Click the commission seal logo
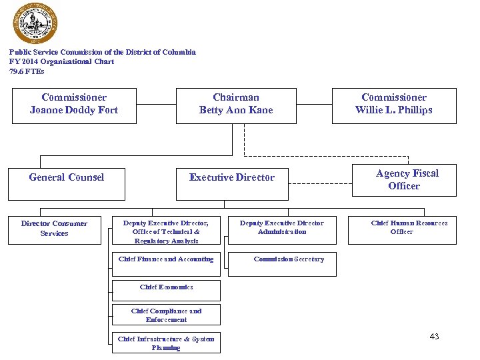(x=35, y=23)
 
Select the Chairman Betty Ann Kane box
(x=236, y=105)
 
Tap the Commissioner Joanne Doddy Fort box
(x=74, y=105)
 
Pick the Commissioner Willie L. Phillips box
(x=394, y=105)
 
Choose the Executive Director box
(x=232, y=182)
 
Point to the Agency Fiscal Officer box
(x=404, y=179)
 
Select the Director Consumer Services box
(x=54, y=229)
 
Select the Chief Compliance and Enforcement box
(x=166, y=315)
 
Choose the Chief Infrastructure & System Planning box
(x=166, y=343)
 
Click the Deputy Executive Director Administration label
(x=282, y=227)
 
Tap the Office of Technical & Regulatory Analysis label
(x=166, y=236)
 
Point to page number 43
(x=435, y=337)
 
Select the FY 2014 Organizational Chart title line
(x=61, y=61)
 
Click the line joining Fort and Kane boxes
(x=156, y=105)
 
